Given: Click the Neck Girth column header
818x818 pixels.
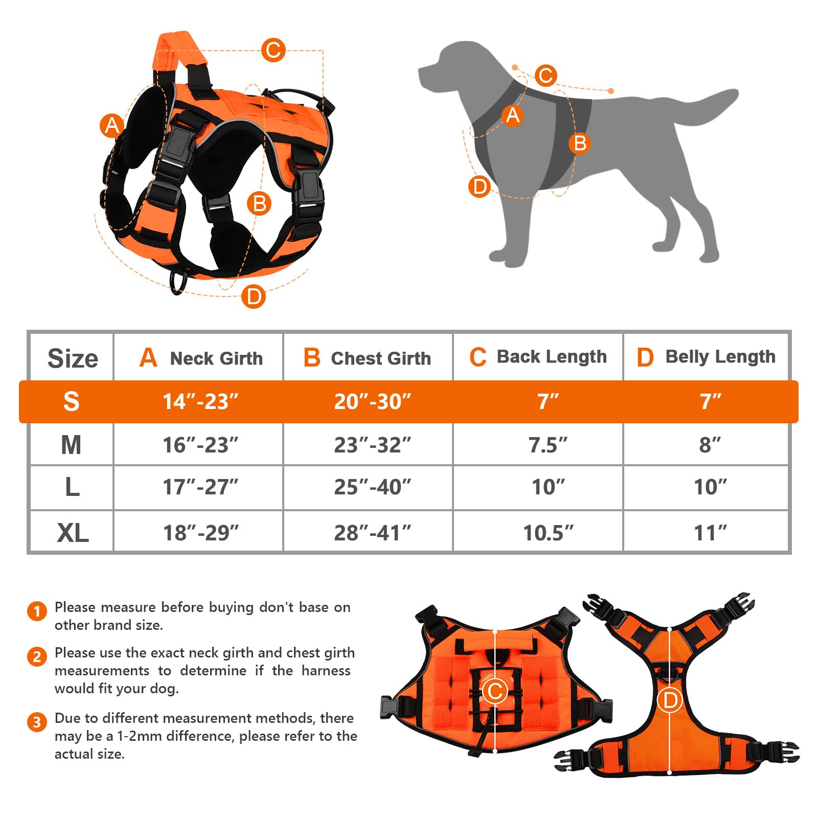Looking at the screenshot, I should (x=200, y=358).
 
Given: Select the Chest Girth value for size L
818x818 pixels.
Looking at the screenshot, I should (x=372, y=487).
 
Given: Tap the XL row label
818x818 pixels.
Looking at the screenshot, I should (x=73, y=533).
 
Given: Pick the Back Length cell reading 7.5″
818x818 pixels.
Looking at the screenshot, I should (x=548, y=445).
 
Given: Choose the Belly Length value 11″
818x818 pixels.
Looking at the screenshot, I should (x=710, y=533).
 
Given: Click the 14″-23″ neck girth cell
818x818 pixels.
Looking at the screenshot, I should (x=200, y=402).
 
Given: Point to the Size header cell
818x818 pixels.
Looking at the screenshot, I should (x=73, y=358).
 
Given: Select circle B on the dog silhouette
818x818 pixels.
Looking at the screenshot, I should (x=579, y=143).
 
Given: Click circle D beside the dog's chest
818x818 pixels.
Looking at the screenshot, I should (x=480, y=187).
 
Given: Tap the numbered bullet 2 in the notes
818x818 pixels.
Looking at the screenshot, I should (x=37, y=656).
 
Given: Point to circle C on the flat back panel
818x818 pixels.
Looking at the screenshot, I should (x=495, y=691).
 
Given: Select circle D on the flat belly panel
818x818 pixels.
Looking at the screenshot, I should (x=670, y=700).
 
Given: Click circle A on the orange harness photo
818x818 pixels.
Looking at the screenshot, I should (x=111, y=125).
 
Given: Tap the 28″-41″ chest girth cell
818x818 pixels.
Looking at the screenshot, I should (x=372, y=533).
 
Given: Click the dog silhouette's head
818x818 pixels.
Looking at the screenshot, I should (x=450, y=66).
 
